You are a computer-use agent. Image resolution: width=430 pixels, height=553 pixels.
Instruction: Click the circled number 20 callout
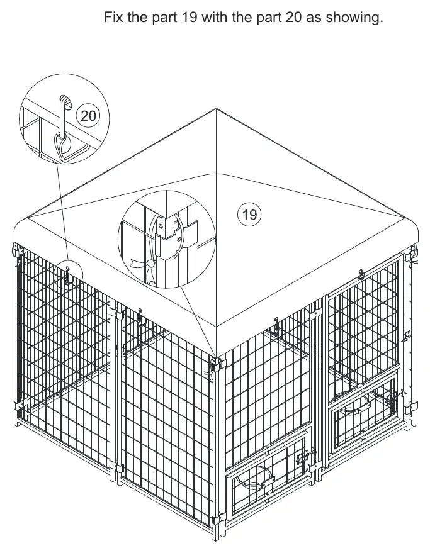(x=88, y=115)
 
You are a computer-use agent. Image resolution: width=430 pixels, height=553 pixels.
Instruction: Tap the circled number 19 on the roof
(x=249, y=214)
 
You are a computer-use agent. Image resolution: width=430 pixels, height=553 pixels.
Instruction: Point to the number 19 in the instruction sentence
(x=190, y=17)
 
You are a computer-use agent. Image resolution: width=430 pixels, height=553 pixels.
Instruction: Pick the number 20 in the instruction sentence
(x=294, y=17)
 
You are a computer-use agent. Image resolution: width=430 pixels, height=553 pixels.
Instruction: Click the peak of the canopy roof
(x=216, y=109)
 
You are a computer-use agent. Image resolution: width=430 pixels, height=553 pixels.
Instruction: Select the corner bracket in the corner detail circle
(x=169, y=239)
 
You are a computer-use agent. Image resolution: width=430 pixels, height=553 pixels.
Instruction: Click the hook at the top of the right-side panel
(x=361, y=274)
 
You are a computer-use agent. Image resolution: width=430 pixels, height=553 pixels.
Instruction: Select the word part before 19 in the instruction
(x=164, y=18)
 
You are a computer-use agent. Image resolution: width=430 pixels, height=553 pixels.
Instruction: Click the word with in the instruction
(x=215, y=17)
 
